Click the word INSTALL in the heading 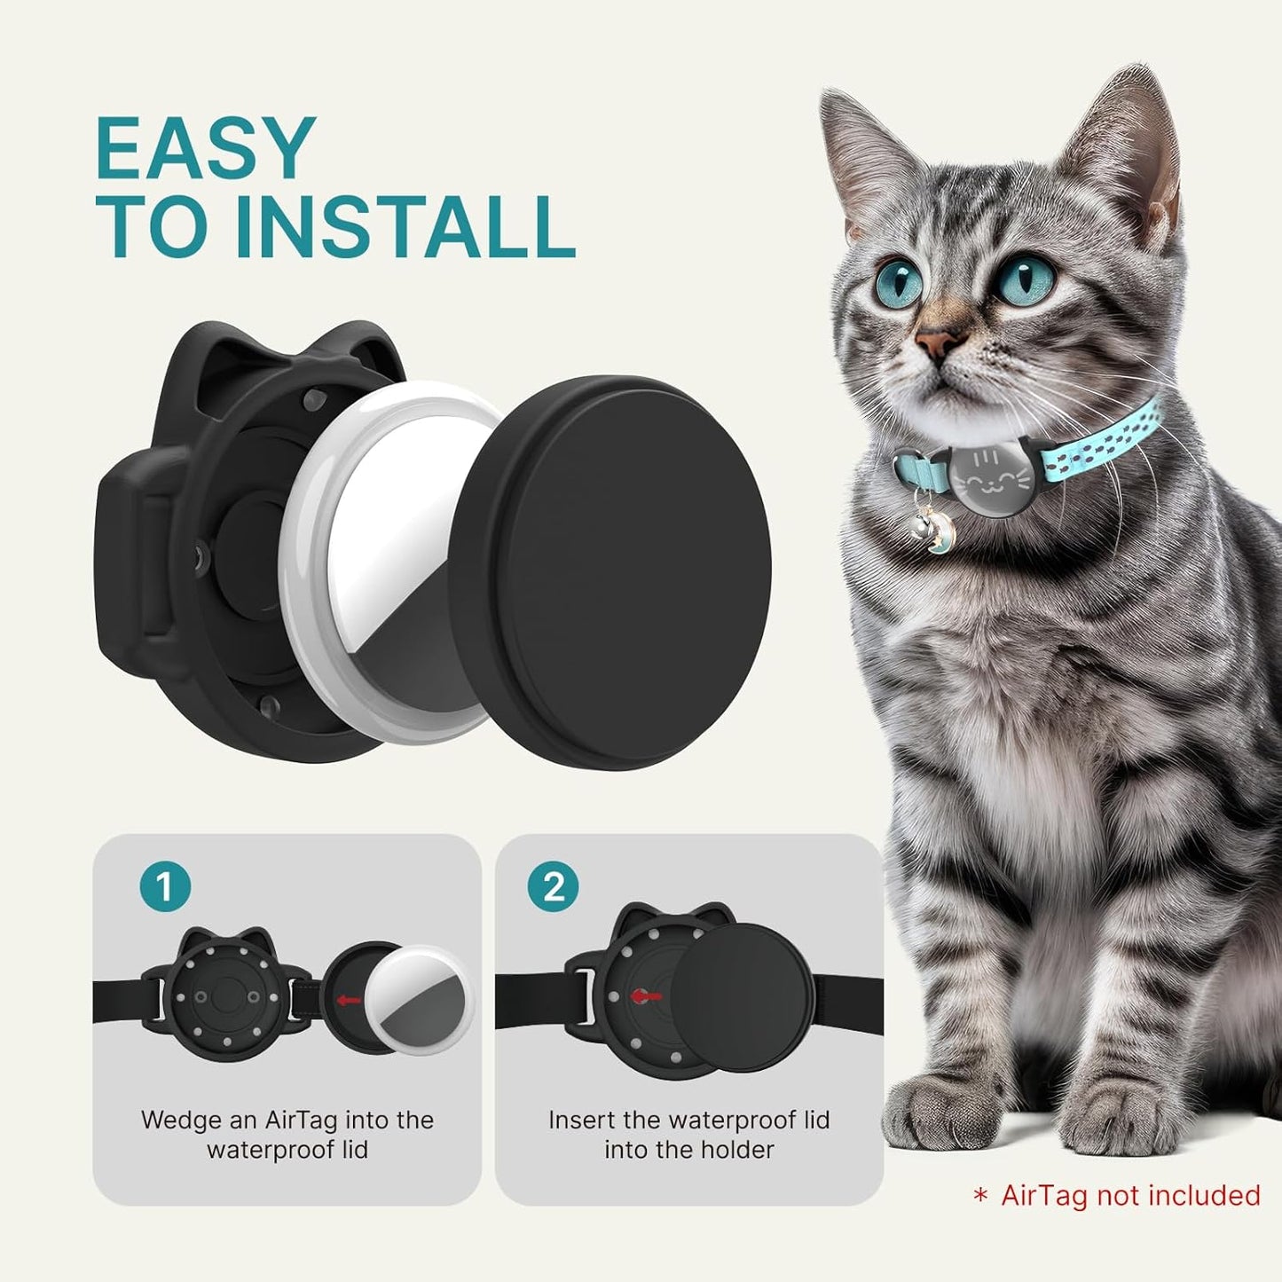404,228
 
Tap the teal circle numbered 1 165,886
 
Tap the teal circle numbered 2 554,886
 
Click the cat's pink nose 939,341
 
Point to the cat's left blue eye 899,280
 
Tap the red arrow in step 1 348,1001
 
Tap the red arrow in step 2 646,996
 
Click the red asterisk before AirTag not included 980,1197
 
